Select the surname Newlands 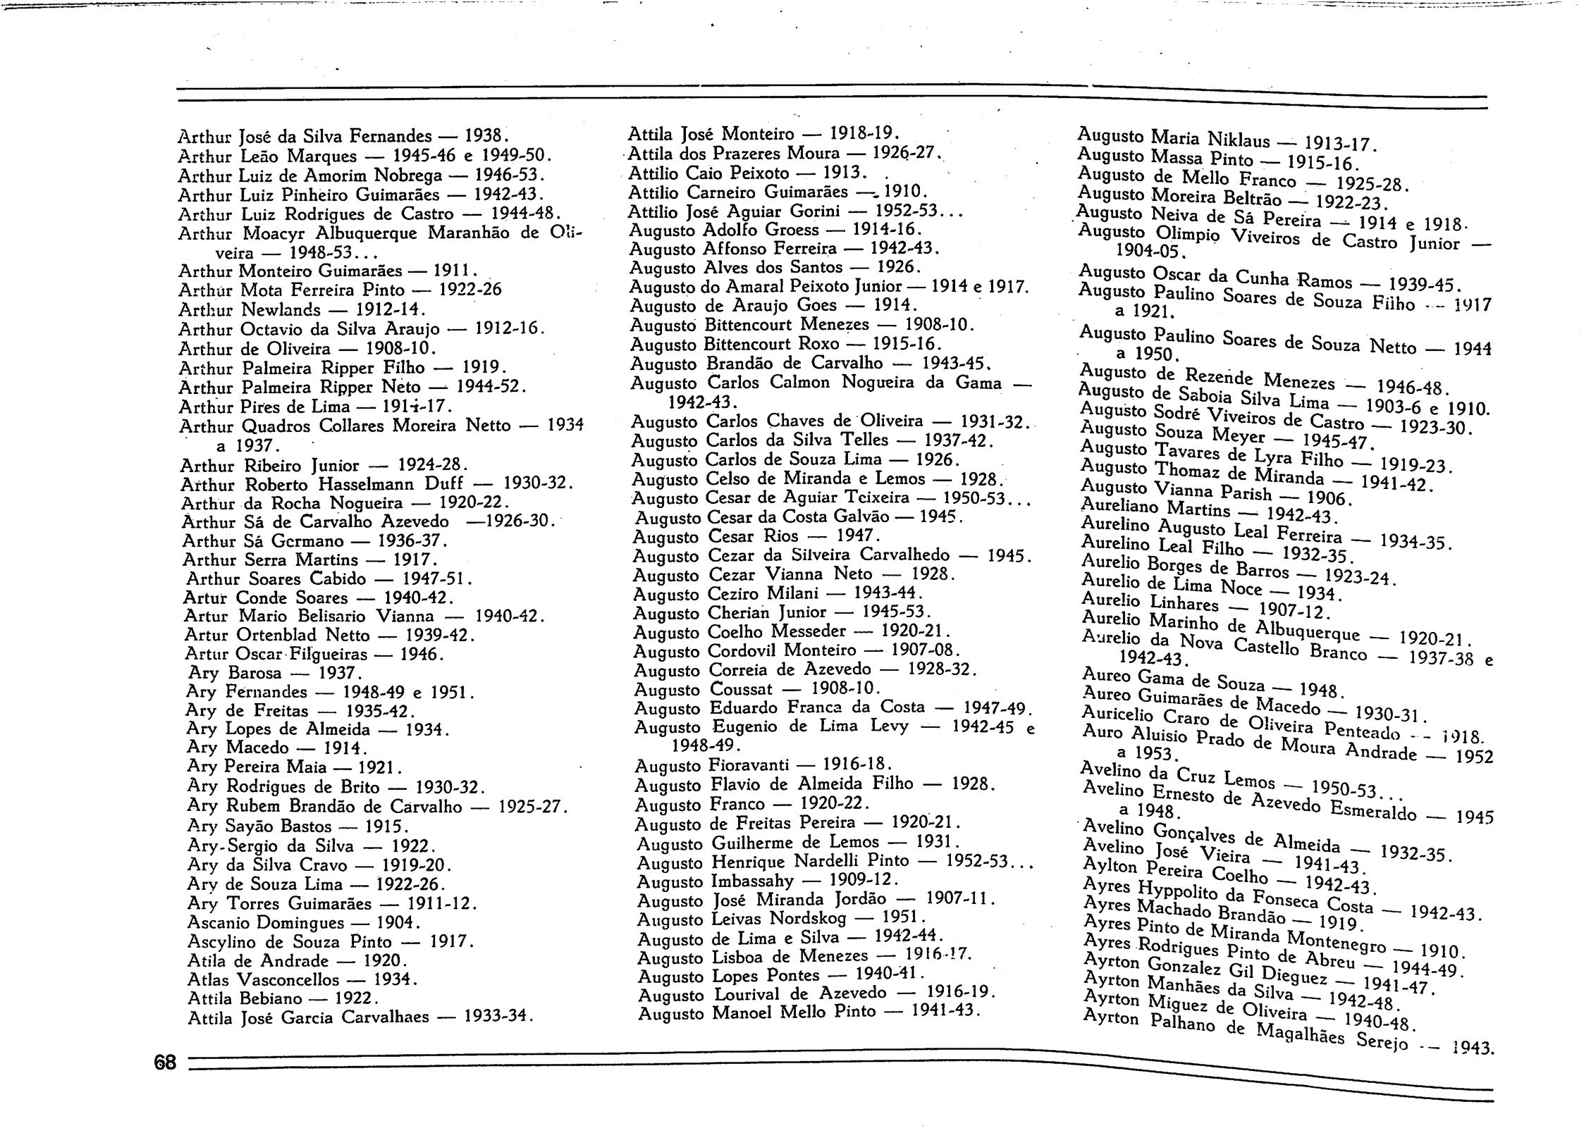point(281,310)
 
